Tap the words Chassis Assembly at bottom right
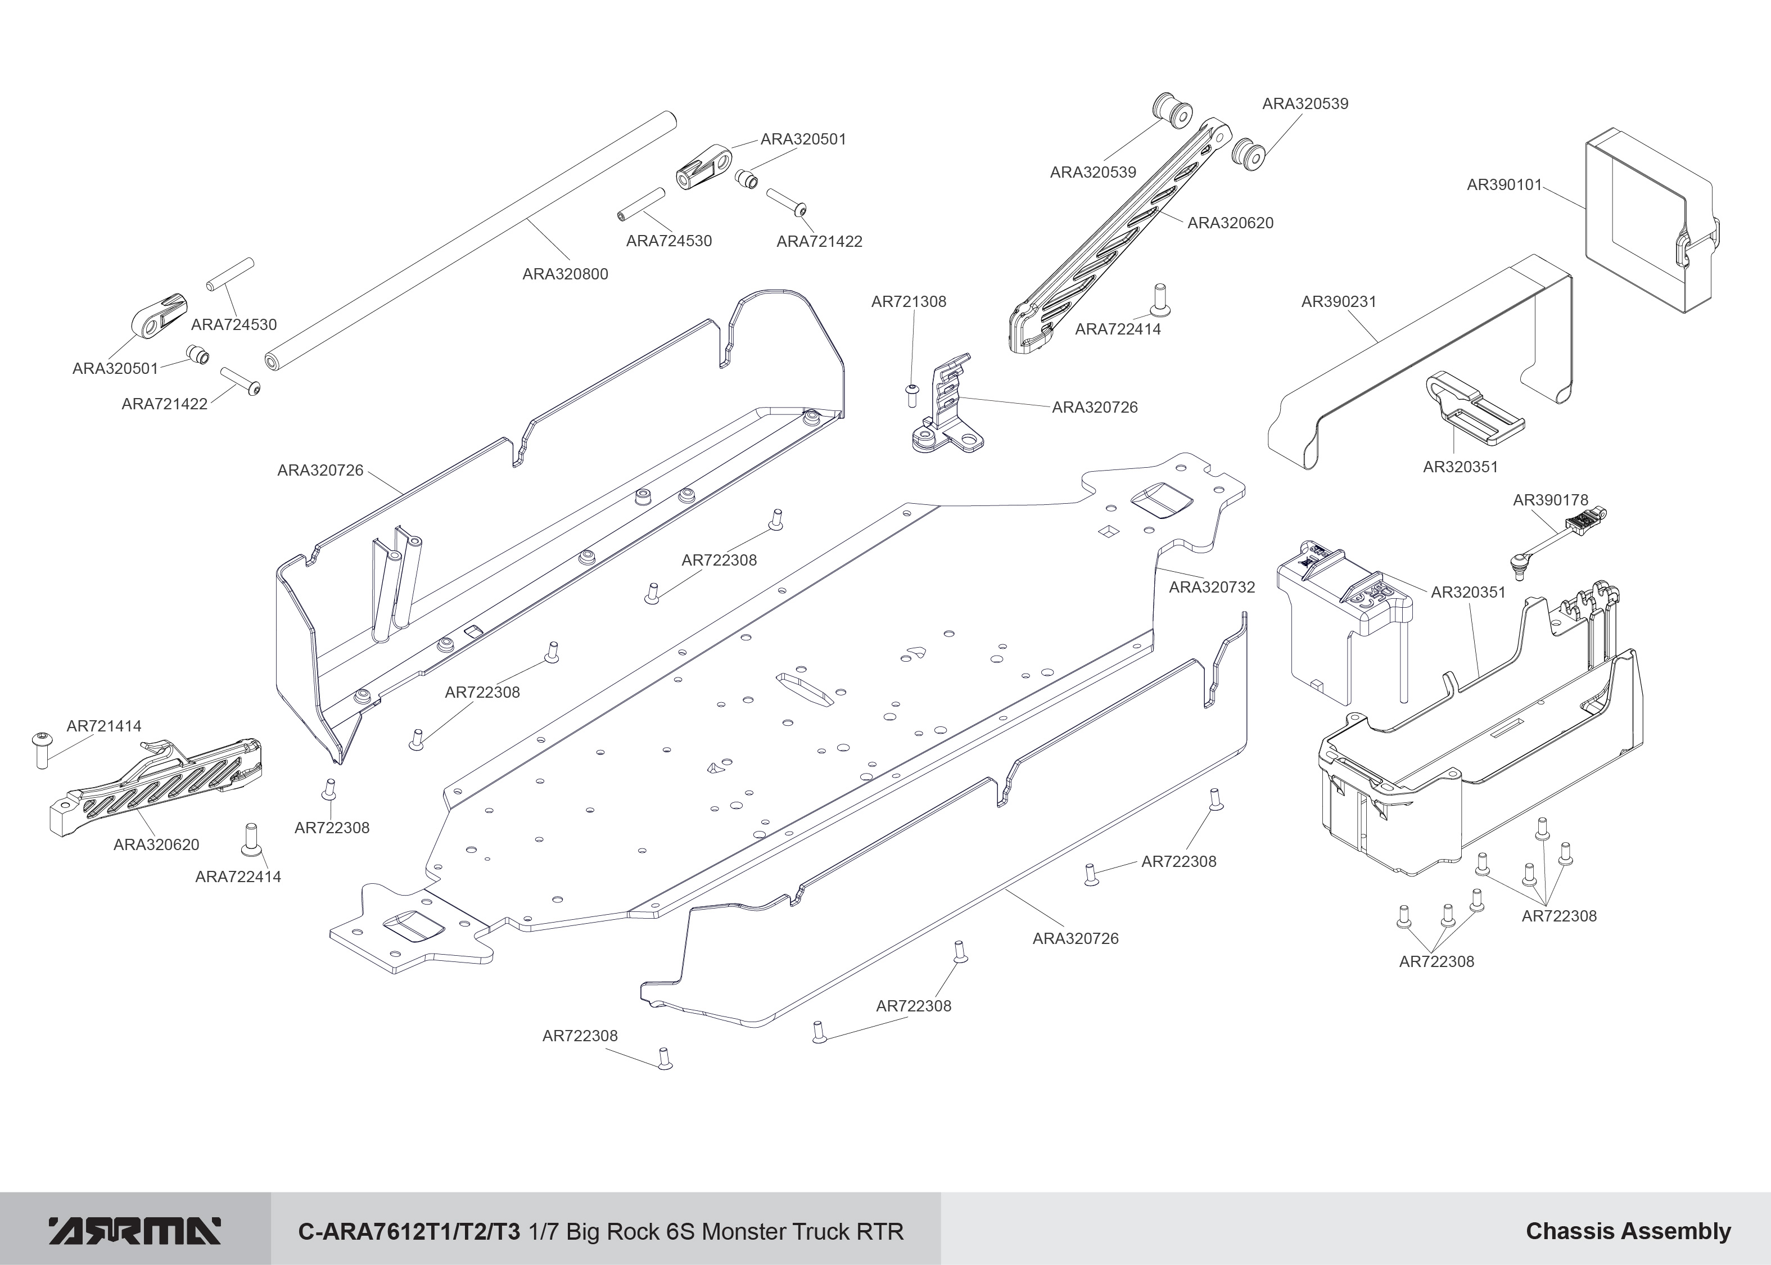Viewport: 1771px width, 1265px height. click(1628, 1231)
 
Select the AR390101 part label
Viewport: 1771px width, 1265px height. click(1504, 184)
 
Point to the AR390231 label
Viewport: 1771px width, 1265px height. click(1339, 301)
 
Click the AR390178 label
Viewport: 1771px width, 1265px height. click(1550, 500)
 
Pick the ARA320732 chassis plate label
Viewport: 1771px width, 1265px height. click(1212, 588)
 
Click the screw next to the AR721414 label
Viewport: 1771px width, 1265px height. click(42, 749)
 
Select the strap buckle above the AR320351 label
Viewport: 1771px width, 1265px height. click(1472, 410)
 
